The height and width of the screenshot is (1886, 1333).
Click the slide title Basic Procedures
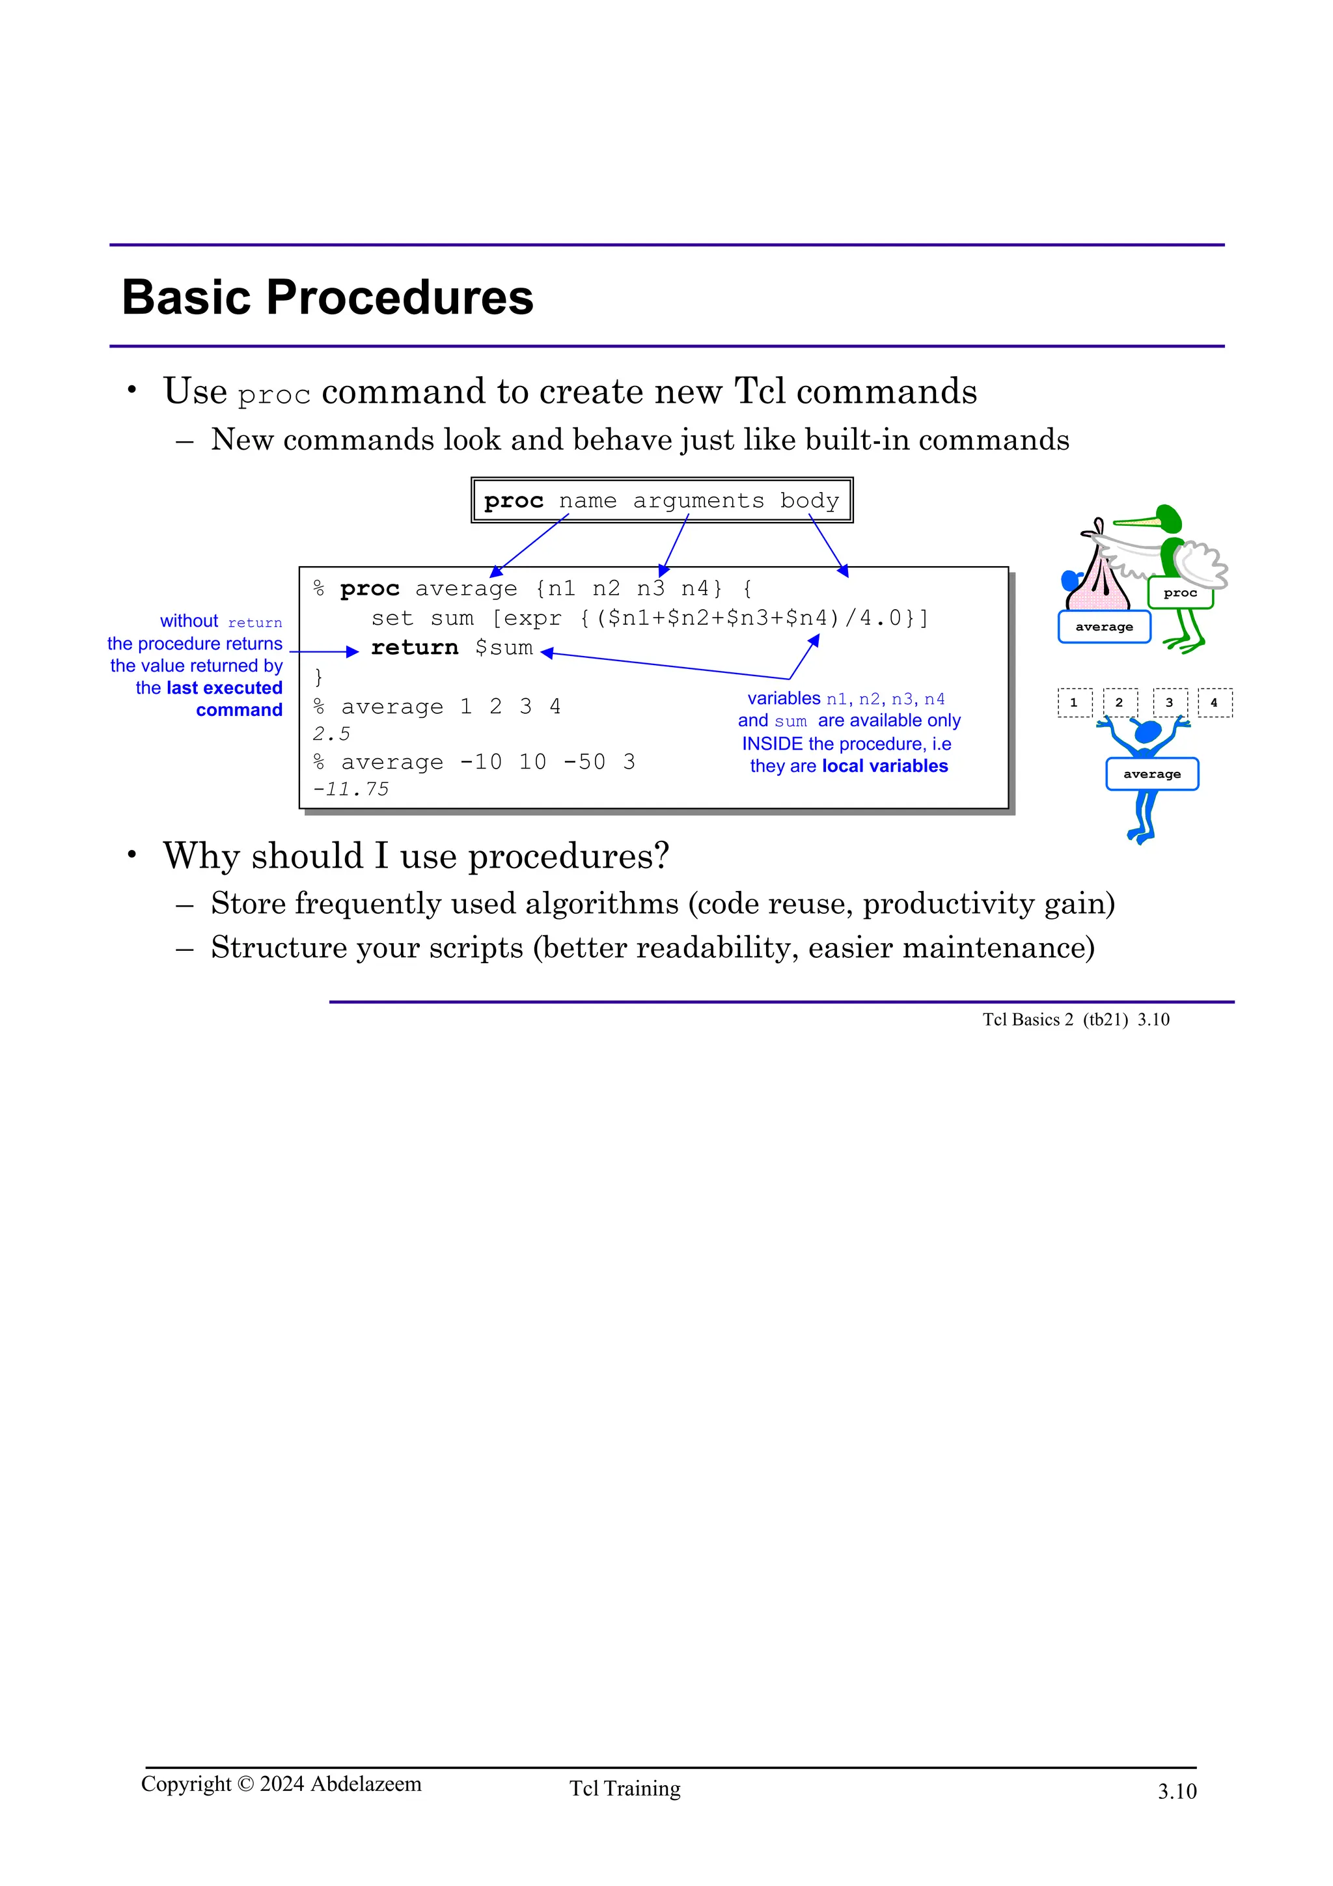(327, 297)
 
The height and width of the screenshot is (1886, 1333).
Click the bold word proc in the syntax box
(514, 500)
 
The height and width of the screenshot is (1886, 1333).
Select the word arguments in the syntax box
(698, 500)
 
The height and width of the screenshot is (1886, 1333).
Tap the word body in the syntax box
(809, 500)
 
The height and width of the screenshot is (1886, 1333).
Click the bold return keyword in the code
(414, 648)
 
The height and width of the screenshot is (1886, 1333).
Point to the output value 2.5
(331, 733)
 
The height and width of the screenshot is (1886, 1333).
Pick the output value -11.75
(351, 789)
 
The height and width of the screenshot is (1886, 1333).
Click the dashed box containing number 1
(1075, 702)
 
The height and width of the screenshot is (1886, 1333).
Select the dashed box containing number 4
(1214, 702)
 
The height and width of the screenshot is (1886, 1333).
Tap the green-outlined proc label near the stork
(1179, 592)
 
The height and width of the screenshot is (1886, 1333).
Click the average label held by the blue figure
(1151, 774)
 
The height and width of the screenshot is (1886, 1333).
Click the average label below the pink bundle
(1104, 627)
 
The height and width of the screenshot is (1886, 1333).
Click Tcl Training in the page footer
(625, 1788)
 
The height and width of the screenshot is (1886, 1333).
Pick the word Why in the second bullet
(202, 856)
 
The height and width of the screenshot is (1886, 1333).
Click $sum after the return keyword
(504, 648)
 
